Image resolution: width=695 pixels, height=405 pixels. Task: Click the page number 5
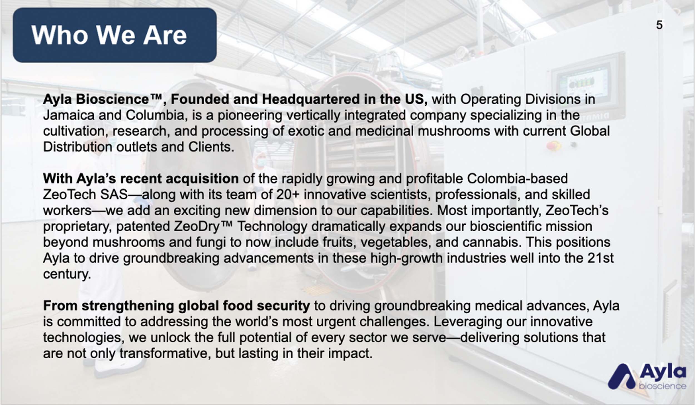659,25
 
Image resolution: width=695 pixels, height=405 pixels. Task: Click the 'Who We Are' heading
109,35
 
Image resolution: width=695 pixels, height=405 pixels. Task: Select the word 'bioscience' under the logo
662,386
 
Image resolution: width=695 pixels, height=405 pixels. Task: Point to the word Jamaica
69,115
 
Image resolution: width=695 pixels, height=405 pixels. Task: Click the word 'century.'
67,274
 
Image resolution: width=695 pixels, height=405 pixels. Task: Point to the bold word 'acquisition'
202,179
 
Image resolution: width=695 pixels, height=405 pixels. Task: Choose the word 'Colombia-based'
517,178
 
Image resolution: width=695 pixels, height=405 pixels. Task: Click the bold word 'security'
283,306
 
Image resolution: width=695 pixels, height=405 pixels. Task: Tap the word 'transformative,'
165,354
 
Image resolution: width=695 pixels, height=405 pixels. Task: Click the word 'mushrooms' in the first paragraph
454,131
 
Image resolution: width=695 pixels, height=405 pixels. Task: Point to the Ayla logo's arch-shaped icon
622,377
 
